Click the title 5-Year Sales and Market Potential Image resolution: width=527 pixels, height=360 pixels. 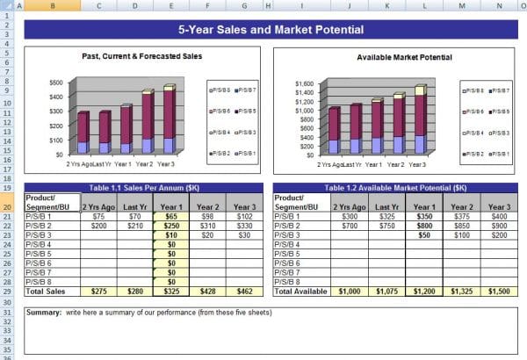coord(271,30)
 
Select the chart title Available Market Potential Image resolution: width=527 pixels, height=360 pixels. coord(404,57)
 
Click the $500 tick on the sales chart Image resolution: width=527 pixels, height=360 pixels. coord(56,83)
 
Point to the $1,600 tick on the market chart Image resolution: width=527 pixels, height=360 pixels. coord(303,83)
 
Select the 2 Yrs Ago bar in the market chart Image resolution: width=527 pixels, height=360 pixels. coord(333,131)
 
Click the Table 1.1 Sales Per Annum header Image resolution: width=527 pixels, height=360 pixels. coord(143,188)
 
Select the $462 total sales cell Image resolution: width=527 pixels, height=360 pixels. coord(243,291)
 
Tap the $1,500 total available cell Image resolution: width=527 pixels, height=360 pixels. coord(497,291)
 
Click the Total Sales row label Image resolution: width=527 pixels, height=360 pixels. coord(45,291)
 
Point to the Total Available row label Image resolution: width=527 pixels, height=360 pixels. coord(300,291)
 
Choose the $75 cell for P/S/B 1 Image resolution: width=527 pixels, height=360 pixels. coord(97,216)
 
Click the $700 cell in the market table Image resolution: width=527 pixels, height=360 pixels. coord(350,226)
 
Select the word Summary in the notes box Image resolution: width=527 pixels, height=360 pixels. coord(43,313)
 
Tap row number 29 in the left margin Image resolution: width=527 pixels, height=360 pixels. coord(8,291)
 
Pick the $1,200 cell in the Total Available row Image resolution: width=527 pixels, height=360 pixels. coord(423,291)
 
